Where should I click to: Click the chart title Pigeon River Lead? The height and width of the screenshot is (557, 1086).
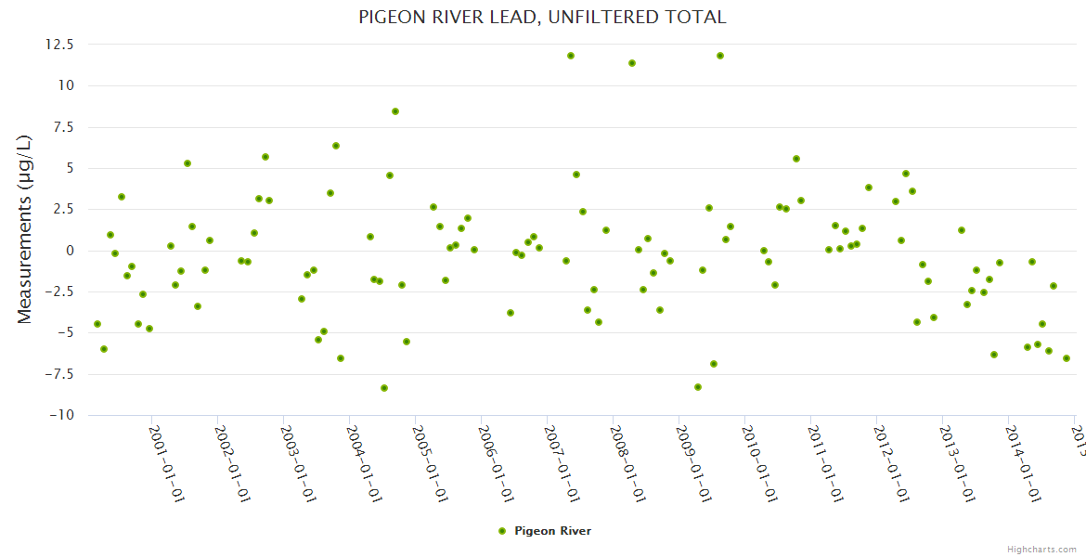tap(542, 17)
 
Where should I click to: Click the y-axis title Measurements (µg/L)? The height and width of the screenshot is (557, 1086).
tap(25, 228)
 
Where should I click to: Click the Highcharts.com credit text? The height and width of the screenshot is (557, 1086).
tap(1041, 549)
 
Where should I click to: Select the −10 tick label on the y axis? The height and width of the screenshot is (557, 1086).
tap(59, 415)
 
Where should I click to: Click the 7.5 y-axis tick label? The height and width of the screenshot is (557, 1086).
tap(64, 127)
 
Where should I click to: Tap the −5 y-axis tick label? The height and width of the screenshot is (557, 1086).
tap(63, 333)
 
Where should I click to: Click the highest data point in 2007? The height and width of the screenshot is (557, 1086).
tap(571, 56)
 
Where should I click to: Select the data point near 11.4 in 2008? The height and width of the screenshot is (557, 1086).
tap(632, 63)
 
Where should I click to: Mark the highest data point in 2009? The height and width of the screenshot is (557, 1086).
tap(720, 56)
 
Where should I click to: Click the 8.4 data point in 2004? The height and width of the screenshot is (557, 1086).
tap(395, 111)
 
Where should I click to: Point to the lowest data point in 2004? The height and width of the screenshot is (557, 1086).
tap(384, 388)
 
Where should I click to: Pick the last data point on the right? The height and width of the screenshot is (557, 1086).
tap(1067, 358)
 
